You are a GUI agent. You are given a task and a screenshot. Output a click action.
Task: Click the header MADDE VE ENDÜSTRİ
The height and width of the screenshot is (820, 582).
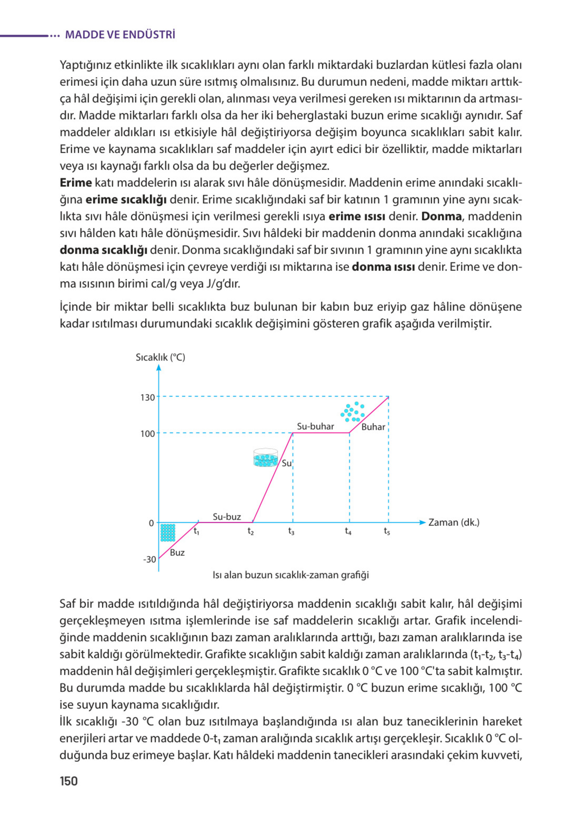tap(120, 35)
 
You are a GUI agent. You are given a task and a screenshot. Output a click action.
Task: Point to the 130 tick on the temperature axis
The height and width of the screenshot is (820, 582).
tap(148, 397)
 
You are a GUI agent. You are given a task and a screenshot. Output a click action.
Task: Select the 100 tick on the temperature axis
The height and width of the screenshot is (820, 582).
tap(148, 434)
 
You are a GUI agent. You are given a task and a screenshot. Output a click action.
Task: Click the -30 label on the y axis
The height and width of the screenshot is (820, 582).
tap(149, 559)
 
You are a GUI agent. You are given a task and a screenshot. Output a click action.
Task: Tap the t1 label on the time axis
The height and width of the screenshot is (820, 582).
tap(196, 531)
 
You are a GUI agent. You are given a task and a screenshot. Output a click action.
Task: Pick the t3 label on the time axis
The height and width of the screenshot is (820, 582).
tap(292, 531)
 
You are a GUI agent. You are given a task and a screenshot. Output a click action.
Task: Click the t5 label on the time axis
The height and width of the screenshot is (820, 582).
tap(387, 531)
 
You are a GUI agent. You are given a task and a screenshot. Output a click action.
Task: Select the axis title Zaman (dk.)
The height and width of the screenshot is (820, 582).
tap(454, 522)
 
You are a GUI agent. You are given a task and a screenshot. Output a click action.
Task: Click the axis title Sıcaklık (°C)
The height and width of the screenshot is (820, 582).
tap(160, 357)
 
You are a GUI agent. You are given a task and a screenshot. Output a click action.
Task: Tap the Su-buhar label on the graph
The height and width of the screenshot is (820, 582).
tap(315, 426)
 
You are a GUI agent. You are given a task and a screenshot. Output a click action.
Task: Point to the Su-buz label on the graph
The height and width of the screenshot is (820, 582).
tap(227, 517)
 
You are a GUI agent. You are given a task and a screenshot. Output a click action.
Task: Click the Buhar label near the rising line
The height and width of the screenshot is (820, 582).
tap(373, 427)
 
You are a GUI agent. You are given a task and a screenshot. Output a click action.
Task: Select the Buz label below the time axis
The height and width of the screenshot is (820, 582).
tap(177, 552)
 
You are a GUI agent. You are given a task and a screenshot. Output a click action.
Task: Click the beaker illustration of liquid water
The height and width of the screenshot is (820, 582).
tap(266, 458)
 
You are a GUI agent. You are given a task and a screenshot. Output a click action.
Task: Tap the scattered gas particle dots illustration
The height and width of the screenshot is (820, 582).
tap(353, 412)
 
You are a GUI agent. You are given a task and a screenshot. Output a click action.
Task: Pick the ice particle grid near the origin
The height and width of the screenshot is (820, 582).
tap(168, 533)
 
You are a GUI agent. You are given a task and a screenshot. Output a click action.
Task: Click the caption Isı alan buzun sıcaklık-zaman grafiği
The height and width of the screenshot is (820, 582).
tap(290, 575)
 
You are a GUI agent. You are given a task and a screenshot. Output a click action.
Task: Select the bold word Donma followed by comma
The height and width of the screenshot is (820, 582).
tap(442, 217)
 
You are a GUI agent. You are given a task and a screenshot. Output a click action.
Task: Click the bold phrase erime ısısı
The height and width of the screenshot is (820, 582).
tap(356, 217)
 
